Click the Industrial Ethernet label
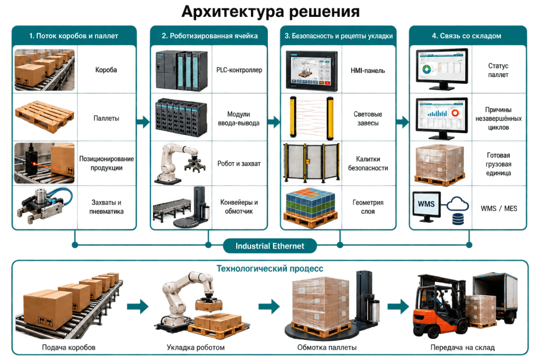269,246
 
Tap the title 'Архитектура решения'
271,12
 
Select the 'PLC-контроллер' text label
239,70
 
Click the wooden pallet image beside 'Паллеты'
44,116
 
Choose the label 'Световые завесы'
368,119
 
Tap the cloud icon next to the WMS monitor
458,204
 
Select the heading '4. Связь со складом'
467,36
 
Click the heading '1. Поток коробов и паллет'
74,36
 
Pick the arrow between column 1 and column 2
143,121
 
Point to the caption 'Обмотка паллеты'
327,347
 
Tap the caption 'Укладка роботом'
196,347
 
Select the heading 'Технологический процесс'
269,268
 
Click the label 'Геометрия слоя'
368,207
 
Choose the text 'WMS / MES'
499,208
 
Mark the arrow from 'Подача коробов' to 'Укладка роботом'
138,306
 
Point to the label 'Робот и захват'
239,163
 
